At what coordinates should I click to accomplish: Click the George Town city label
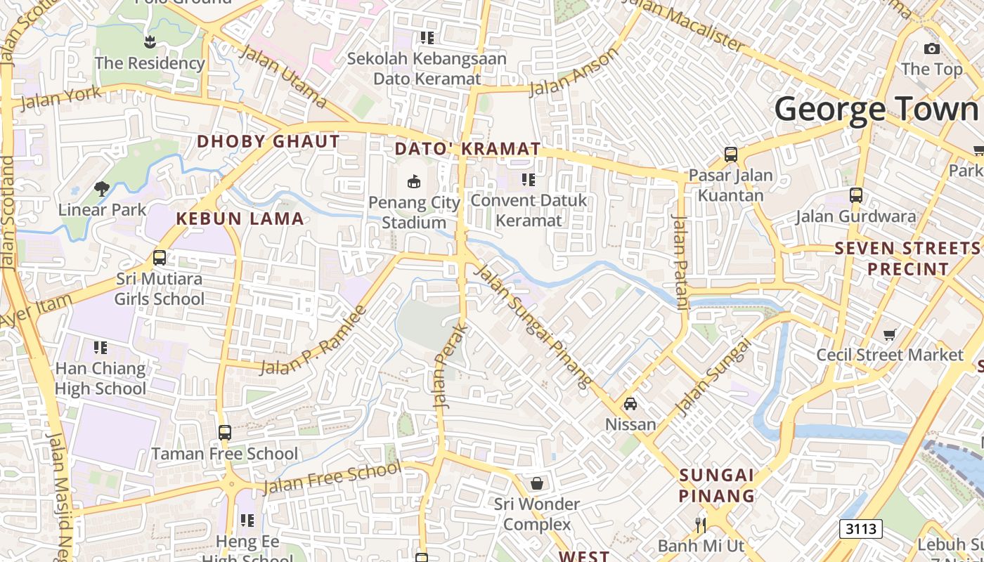point(877,110)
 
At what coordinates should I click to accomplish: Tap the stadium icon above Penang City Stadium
point(414,182)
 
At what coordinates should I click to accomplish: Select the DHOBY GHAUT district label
point(268,141)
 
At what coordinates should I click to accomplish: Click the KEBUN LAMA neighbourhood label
point(240,218)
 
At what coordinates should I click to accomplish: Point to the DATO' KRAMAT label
point(467,149)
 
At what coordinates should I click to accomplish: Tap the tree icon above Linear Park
point(102,188)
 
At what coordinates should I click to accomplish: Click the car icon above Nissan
point(630,404)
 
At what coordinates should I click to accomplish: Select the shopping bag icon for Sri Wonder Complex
point(537,483)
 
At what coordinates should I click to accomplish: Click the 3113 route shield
point(860,528)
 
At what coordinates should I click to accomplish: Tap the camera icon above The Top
point(932,48)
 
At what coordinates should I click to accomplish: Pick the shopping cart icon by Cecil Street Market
point(890,334)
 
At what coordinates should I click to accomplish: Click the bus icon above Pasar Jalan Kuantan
point(731,154)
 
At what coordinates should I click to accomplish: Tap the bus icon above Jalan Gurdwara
point(855,195)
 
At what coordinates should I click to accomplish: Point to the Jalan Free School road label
point(332,478)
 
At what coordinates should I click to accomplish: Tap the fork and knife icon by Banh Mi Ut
point(700,525)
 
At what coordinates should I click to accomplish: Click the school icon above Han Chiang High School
point(101,348)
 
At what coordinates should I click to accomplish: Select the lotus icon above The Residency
point(149,42)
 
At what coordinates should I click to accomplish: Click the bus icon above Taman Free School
point(225,433)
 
